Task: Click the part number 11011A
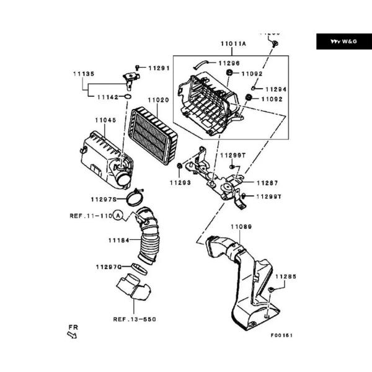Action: click(x=233, y=43)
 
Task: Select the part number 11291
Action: click(x=159, y=68)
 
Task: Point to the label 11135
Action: click(x=83, y=74)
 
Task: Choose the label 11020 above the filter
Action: click(x=158, y=100)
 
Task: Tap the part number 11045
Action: click(x=105, y=120)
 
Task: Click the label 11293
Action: click(x=181, y=183)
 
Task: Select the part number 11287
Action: click(x=267, y=183)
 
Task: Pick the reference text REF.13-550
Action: click(x=134, y=319)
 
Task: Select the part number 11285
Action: click(x=286, y=277)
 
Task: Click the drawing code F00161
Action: click(x=281, y=335)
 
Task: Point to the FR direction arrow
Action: click(x=72, y=335)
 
